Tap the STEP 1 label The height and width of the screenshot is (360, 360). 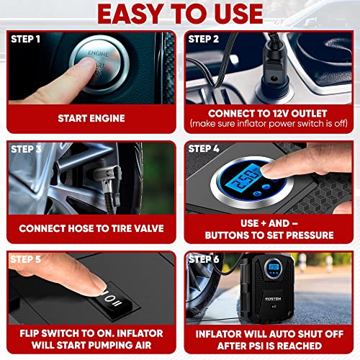[27, 39]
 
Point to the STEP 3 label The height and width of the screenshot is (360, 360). [27, 149]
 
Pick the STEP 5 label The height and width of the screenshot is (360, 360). [27, 258]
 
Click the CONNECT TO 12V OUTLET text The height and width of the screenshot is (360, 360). [268, 113]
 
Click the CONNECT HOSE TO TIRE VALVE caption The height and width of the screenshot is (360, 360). [91, 229]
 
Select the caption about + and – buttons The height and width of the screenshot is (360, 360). [268, 229]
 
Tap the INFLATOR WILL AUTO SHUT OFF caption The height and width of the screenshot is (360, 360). [268, 338]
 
